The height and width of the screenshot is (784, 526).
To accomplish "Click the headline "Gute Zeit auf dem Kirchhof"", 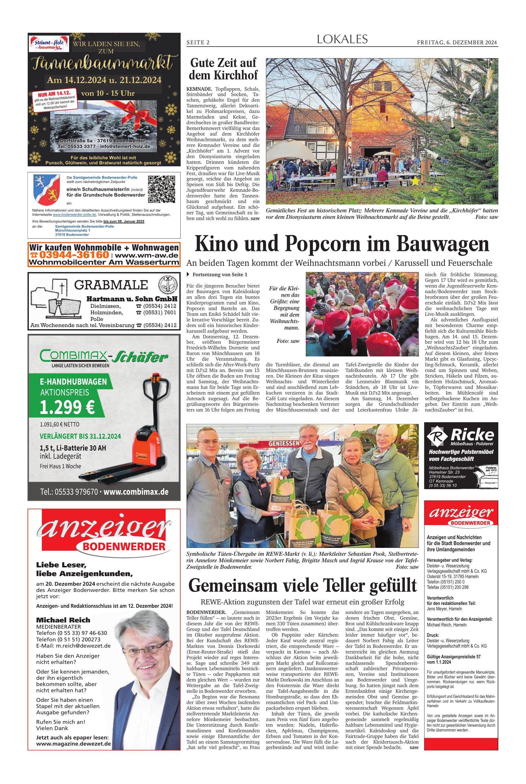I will click(x=223, y=69).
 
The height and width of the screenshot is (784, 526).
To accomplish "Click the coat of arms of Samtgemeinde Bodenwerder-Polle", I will click(x=46, y=190).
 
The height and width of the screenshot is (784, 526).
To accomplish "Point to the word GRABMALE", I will click(x=111, y=285).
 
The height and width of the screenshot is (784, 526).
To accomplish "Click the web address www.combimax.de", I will click(x=136, y=492).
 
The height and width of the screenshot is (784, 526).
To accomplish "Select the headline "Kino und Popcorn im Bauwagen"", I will click(x=342, y=244).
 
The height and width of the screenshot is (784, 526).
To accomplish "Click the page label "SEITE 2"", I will click(x=198, y=43).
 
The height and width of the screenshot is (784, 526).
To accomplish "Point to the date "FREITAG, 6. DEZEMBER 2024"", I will click(x=457, y=43).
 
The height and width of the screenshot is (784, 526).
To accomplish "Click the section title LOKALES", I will click(x=342, y=40).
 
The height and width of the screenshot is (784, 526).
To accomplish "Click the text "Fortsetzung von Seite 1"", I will click(x=220, y=275).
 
